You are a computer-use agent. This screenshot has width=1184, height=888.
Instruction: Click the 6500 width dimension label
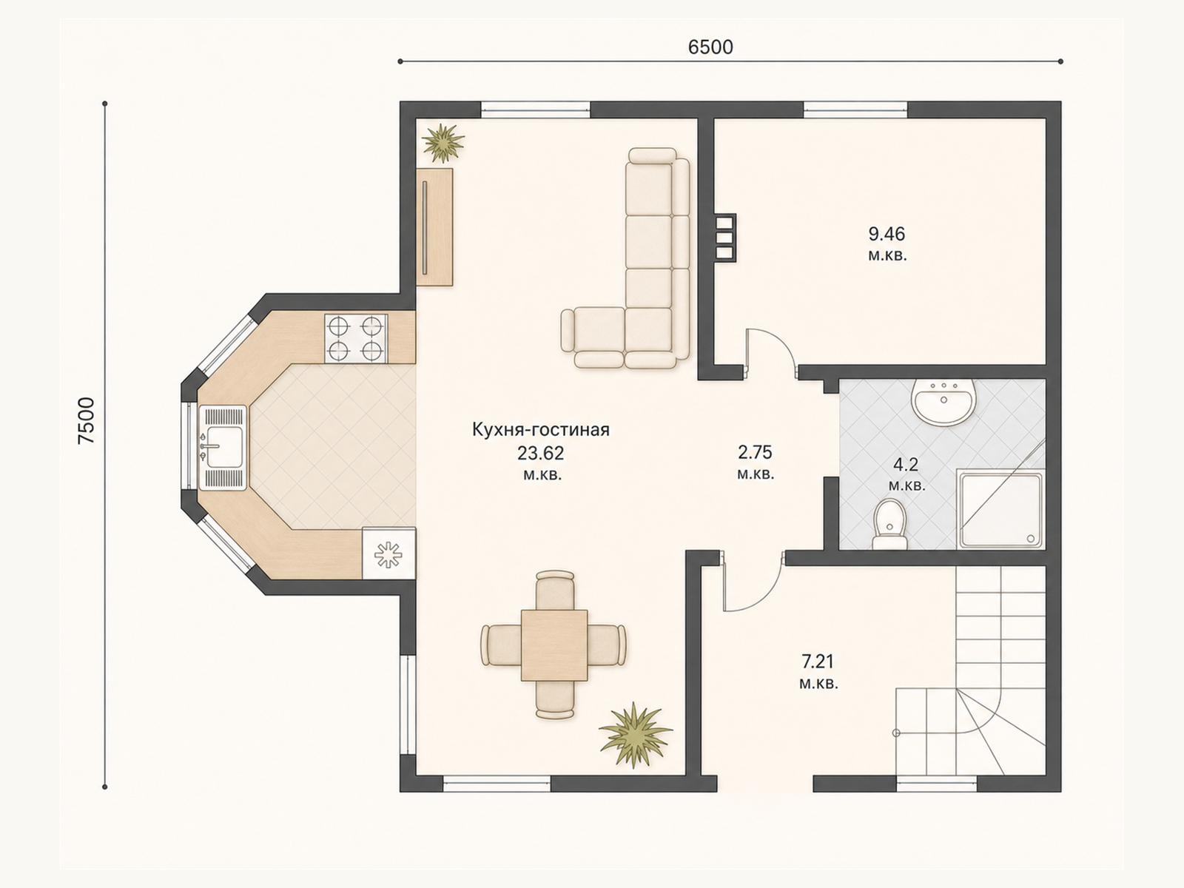click(710, 47)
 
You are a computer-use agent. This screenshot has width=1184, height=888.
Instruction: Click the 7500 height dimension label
click(87, 420)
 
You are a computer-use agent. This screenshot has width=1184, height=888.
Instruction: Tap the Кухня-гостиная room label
click(541, 430)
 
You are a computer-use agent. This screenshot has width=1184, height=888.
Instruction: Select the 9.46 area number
click(887, 234)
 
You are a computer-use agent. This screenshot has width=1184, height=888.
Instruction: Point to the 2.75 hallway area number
click(756, 452)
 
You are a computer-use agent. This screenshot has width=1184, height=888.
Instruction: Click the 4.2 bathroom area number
click(906, 464)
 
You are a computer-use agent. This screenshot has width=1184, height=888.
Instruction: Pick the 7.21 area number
click(818, 661)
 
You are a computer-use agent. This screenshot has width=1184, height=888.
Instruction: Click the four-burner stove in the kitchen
click(356, 339)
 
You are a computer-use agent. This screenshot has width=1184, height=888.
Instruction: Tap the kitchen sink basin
click(222, 448)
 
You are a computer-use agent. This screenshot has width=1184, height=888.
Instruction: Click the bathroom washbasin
click(943, 401)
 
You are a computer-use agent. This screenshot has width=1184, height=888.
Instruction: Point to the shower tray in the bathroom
click(1001, 510)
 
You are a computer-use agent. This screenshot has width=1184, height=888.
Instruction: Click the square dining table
click(554, 645)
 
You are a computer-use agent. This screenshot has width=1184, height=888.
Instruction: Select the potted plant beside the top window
click(443, 142)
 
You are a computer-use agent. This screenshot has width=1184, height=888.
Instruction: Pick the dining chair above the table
click(554, 591)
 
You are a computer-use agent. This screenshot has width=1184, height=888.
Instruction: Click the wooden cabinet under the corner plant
click(434, 227)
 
